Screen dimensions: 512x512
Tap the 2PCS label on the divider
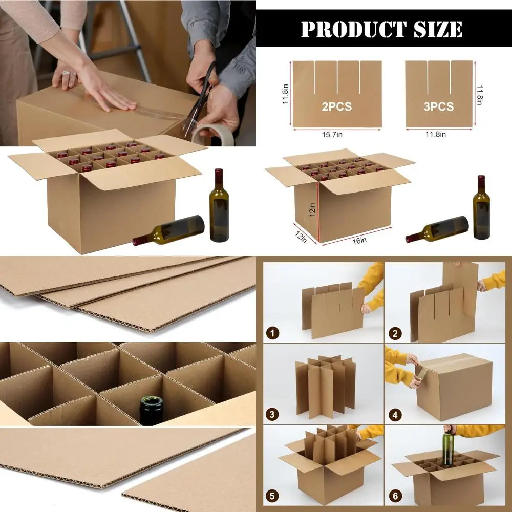[x=337, y=107]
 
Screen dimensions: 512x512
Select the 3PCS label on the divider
[x=439, y=106]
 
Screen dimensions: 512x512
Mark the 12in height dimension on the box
[x=312, y=210]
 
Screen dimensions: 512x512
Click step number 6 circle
[x=394, y=496]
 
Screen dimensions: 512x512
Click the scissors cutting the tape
[x=199, y=102]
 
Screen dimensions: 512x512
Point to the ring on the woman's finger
[x=66, y=74]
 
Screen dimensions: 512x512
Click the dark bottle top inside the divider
[x=152, y=409]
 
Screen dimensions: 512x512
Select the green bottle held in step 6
[x=449, y=448]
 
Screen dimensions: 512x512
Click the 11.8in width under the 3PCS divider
[x=436, y=134]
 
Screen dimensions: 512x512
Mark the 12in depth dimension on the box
[x=301, y=236]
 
